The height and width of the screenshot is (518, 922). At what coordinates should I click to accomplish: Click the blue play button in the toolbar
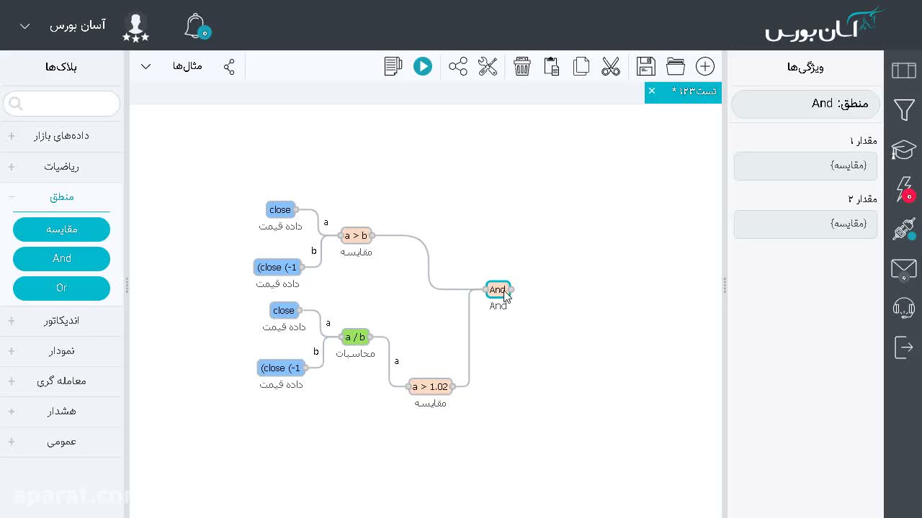(x=423, y=66)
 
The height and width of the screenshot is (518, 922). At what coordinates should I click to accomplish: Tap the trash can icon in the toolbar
(x=522, y=66)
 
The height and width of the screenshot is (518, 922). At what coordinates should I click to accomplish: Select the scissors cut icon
(x=610, y=66)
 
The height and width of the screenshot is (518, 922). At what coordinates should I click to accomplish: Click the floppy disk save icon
(x=646, y=66)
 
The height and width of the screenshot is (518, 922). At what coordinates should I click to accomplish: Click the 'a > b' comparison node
(x=356, y=235)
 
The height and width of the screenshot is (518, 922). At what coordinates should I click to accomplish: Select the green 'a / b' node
(x=355, y=337)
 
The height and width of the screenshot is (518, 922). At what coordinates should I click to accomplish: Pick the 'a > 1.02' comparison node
(x=430, y=386)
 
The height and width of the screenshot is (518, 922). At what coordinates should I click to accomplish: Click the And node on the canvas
(x=498, y=289)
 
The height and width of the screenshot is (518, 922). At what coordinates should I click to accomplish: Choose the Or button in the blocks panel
(x=62, y=288)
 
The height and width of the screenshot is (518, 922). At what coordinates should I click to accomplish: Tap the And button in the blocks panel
(x=62, y=258)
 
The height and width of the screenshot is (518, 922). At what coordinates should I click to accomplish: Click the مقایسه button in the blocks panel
(x=62, y=229)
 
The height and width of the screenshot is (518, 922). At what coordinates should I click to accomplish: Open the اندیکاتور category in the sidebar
(x=61, y=321)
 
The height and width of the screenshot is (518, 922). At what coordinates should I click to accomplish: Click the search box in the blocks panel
(x=62, y=103)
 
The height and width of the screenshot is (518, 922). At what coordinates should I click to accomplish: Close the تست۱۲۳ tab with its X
(x=652, y=91)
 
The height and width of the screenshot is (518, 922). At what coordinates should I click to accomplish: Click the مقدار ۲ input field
(x=805, y=224)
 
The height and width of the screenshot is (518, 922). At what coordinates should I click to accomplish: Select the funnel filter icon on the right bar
(x=904, y=109)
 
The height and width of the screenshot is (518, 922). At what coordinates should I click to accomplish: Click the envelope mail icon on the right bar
(x=904, y=270)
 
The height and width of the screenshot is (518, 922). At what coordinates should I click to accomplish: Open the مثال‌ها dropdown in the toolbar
(x=187, y=66)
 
